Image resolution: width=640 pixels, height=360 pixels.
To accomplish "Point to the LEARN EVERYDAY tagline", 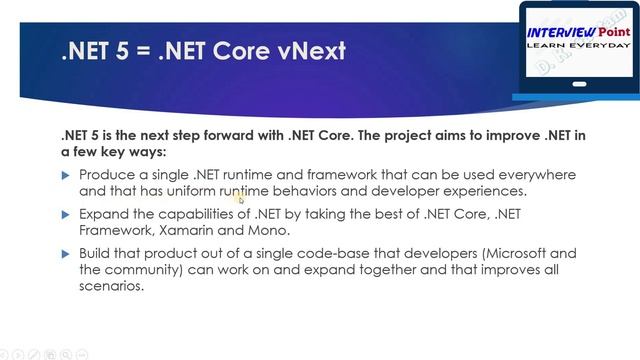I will click(x=579, y=46).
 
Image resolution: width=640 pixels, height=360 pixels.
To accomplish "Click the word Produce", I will click(x=107, y=175).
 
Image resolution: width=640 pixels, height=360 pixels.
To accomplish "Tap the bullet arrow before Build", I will click(x=67, y=254).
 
